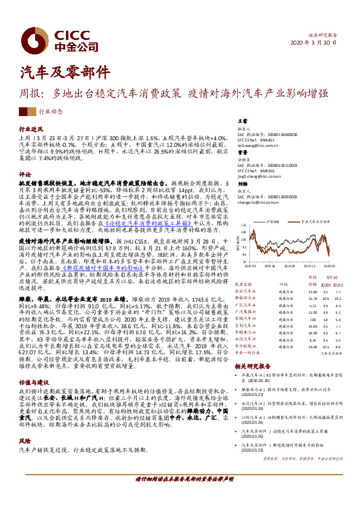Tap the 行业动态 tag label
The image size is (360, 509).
tap(50, 112)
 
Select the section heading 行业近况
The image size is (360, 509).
tap(31, 129)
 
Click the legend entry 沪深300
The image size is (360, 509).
tap(272, 222)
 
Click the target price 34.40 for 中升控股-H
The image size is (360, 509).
tap(313, 347)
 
